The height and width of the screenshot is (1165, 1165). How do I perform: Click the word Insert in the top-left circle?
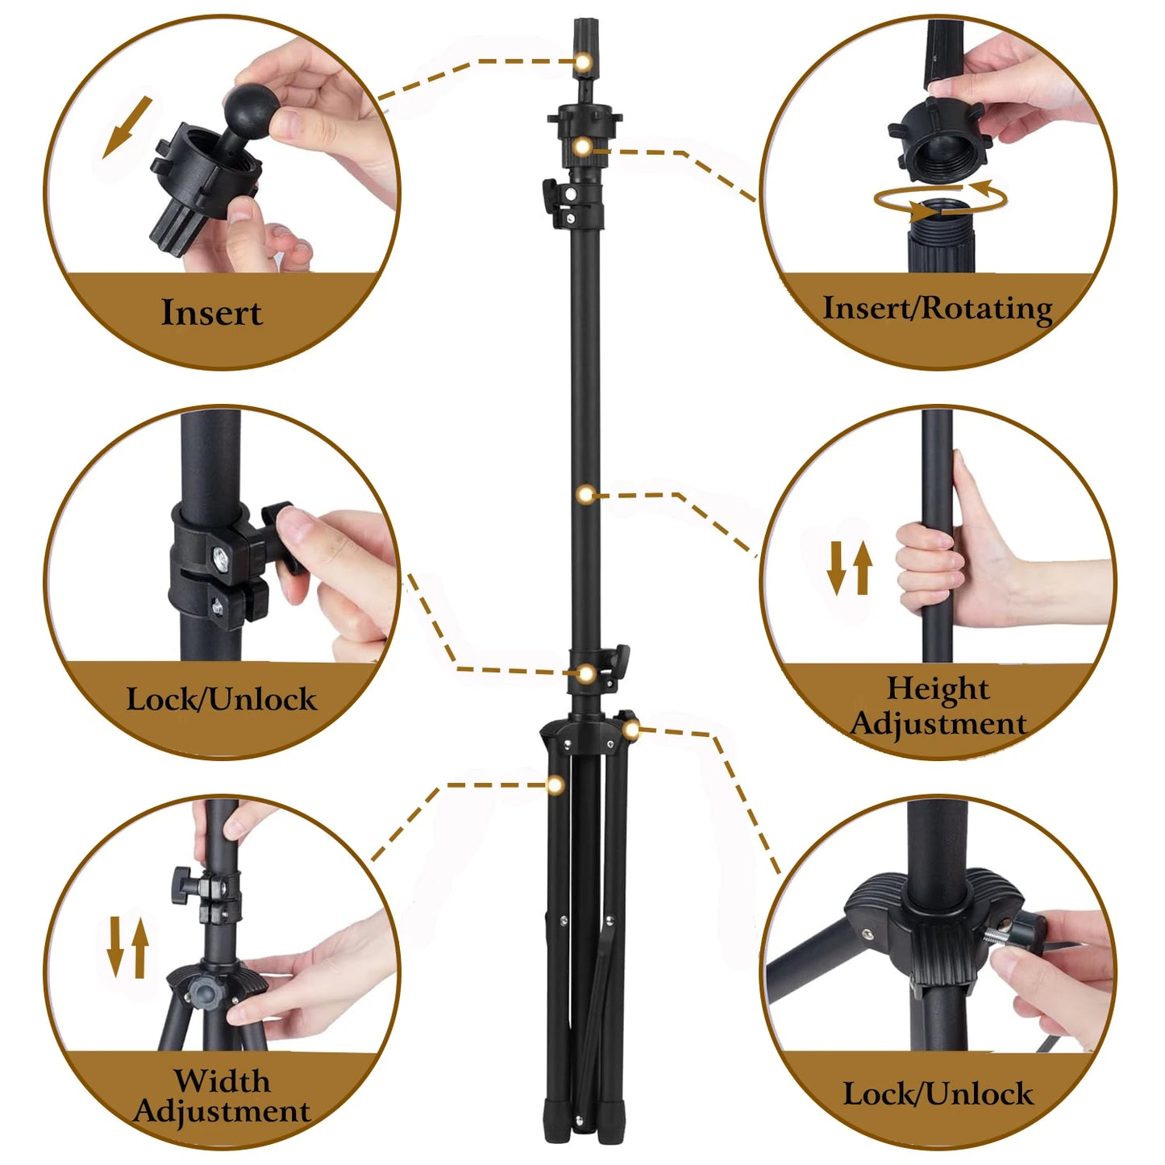click(x=211, y=313)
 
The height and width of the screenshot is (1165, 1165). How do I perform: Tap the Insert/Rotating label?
click(x=937, y=309)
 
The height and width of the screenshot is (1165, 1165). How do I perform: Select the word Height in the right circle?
click(x=938, y=689)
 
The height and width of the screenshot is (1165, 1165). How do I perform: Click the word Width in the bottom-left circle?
click(x=222, y=1080)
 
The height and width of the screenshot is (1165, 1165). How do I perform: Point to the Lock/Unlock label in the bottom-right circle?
click(x=938, y=1094)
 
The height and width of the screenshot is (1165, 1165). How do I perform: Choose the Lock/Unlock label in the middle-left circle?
click(x=222, y=699)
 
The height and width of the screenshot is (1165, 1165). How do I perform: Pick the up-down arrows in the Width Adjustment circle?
click(x=128, y=947)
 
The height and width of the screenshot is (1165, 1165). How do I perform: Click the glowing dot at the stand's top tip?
click(x=582, y=62)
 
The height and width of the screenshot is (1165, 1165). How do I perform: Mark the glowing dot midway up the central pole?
click(x=587, y=494)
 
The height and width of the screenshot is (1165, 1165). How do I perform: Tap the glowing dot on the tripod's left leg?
click(x=555, y=784)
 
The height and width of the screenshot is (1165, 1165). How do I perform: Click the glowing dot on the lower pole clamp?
click(x=587, y=673)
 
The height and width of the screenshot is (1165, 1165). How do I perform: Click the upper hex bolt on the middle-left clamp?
click(x=220, y=555)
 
